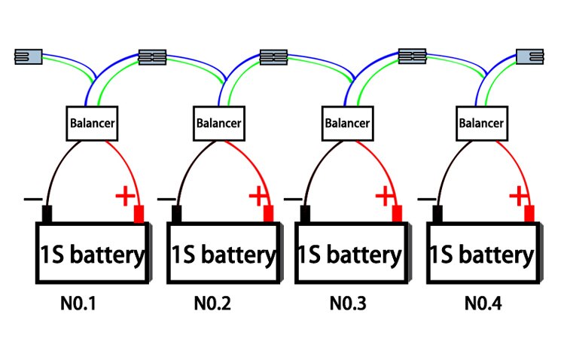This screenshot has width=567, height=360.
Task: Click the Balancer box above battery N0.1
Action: [92, 124]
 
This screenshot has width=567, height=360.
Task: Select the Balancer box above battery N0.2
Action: [219, 124]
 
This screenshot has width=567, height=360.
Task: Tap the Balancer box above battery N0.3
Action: [348, 124]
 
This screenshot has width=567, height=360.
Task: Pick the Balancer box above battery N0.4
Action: [482, 124]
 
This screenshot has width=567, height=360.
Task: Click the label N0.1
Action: [78, 304]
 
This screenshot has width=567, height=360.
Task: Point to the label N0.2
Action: [212, 304]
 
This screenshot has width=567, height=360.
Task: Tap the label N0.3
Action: [348, 304]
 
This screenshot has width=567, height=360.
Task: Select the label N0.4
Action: [483, 304]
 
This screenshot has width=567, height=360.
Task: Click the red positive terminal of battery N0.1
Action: [139, 214]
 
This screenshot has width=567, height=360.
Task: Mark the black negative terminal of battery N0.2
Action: [176, 214]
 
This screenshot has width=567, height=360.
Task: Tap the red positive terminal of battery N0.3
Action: [397, 214]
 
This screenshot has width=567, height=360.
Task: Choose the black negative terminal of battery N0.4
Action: [437, 214]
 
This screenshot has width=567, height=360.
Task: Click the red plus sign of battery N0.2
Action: [258, 196]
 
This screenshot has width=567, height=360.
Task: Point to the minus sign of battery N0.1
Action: [33, 199]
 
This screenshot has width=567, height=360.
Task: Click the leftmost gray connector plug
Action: [28, 56]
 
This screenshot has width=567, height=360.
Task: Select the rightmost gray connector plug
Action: [530, 56]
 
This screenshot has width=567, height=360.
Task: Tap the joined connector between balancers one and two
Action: [153, 57]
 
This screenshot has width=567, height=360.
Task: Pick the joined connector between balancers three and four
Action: [412, 56]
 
